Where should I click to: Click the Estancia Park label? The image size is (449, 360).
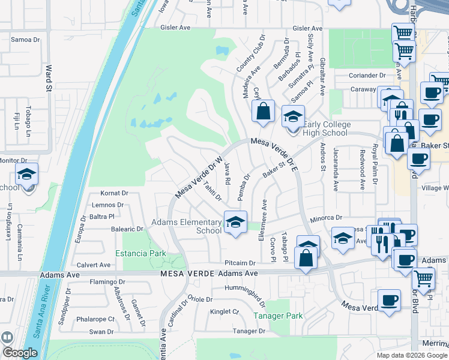[x=141, y=253]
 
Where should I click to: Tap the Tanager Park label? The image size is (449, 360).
[x=277, y=315]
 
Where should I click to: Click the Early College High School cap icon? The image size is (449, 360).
[x=294, y=116]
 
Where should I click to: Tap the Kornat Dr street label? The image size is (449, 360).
[x=115, y=193]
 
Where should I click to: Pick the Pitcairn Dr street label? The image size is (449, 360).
[x=240, y=263]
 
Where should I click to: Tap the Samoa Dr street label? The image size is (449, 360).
[x=25, y=40]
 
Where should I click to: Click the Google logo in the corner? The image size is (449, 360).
[x=20, y=353]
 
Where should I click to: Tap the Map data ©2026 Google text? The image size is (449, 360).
[x=411, y=355]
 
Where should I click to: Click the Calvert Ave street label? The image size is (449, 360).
[x=94, y=265]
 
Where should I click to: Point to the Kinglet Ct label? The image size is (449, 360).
[x=224, y=311]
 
